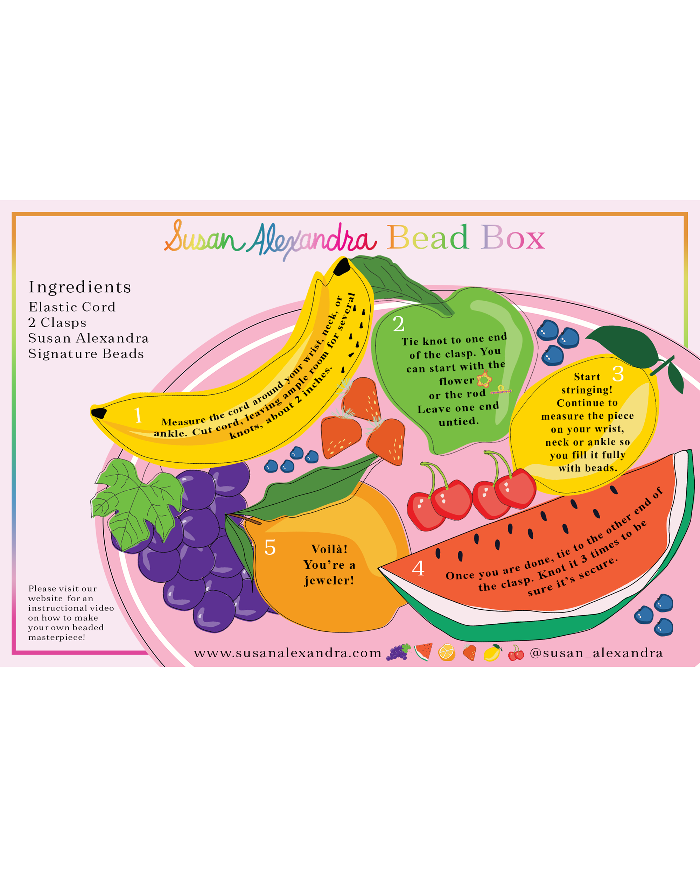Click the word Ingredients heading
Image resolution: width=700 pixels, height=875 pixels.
80,287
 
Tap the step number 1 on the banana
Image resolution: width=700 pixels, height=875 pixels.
138,415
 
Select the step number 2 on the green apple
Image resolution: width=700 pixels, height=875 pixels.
399,324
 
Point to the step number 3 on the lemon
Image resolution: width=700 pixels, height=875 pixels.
618,374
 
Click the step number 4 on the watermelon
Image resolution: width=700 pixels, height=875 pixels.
418,568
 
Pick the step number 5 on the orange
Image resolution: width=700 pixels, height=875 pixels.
270,547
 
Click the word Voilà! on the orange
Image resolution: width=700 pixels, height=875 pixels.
329,549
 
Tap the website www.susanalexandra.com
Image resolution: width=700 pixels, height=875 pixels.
288,653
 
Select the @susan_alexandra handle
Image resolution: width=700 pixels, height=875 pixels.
596,653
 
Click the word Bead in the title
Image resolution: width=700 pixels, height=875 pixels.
428,237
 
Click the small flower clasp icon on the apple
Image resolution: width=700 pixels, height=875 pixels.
484,379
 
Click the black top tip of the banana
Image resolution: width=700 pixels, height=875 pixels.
342,266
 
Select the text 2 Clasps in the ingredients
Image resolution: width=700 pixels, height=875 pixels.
57,323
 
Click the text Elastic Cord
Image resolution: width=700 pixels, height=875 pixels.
72,307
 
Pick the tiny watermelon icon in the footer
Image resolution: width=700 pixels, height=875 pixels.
423,652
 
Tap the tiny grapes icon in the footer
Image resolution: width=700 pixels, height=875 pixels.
399,652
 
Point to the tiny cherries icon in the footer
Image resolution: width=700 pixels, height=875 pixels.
516,653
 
